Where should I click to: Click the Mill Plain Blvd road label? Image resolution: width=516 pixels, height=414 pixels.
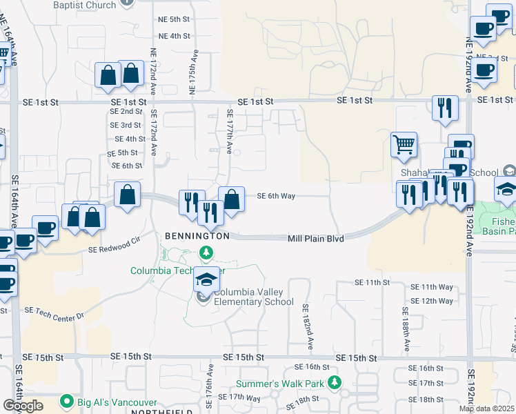315,238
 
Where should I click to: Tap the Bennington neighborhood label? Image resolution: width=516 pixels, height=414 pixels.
197,236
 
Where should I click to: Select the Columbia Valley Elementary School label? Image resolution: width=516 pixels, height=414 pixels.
253,297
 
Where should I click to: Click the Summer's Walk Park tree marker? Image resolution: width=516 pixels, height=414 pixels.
335,382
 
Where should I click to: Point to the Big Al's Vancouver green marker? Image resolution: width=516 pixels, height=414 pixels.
67,400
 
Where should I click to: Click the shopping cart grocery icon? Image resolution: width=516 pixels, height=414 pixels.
404,145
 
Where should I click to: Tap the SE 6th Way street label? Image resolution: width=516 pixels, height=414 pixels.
276,196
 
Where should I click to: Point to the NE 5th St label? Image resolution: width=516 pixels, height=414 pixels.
174,19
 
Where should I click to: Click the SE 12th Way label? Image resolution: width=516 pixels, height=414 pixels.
432,301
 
